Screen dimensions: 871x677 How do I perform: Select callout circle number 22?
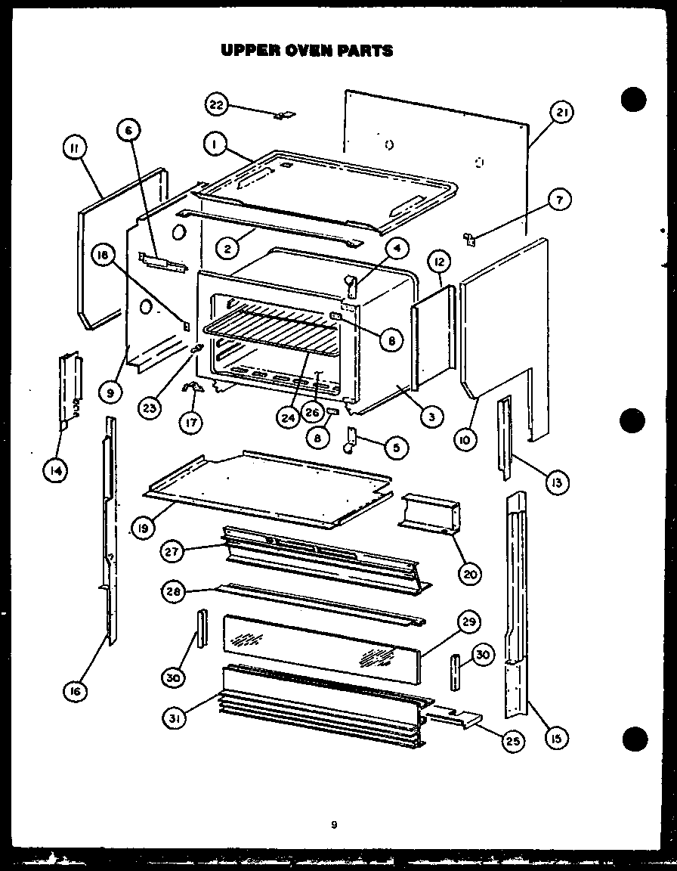pyautogui.click(x=216, y=105)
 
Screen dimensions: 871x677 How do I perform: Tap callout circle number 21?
pyautogui.click(x=561, y=113)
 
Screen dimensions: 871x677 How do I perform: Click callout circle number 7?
pyautogui.click(x=558, y=200)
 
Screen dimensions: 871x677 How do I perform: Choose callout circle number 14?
pyautogui.click(x=54, y=471)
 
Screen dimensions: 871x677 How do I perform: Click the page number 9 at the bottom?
pyautogui.click(x=333, y=825)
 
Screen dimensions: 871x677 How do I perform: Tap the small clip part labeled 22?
pyautogui.click(x=284, y=115)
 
